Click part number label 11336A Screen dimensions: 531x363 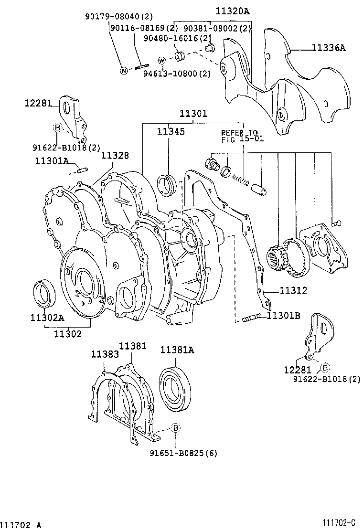click(x=329, y=48)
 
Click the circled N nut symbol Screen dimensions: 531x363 click(x=123, y=71)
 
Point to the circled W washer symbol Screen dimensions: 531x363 click(x=162, y=61)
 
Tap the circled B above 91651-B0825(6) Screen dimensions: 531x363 click(x=175, y=427)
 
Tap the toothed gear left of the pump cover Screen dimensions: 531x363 click(x=278, y=258)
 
